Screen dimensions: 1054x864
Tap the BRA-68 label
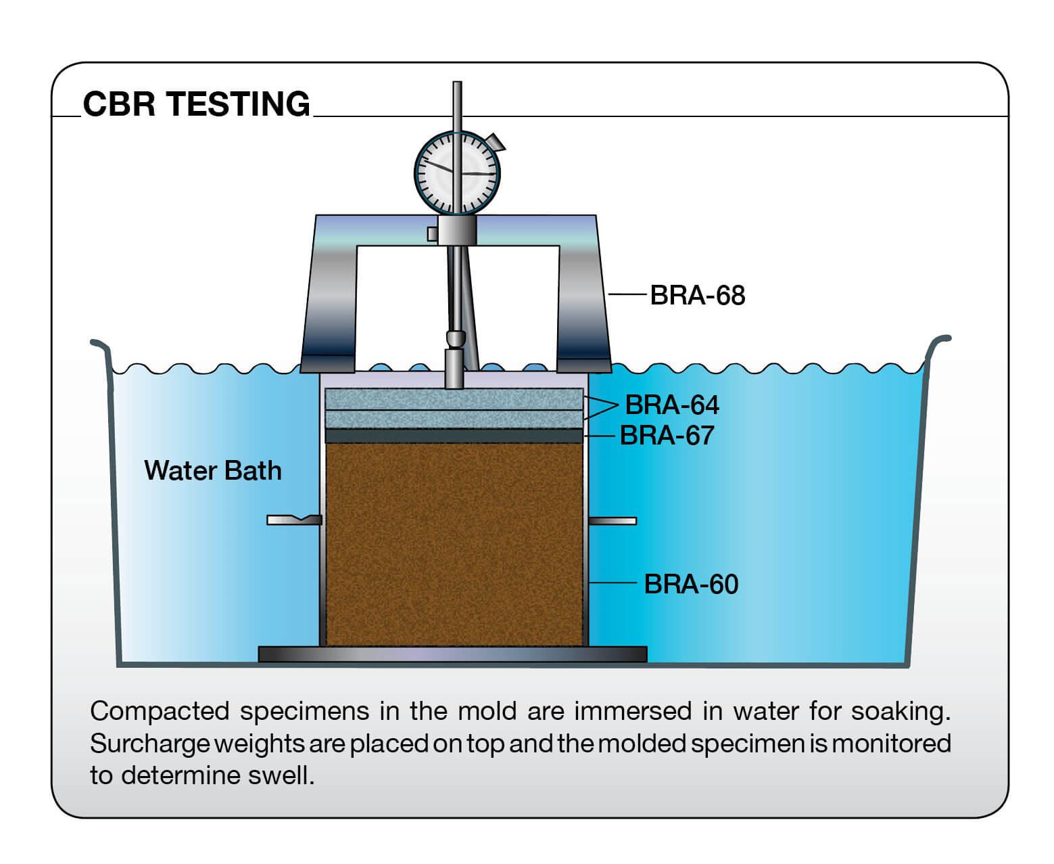coord(698,295)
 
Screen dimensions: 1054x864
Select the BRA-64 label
coord(672,405)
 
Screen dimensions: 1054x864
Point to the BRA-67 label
coord(667,435)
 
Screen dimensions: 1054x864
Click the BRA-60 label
coord(691,584)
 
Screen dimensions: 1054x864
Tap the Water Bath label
coord(213,470)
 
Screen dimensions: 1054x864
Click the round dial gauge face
coord(457,173)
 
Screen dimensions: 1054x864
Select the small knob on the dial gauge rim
coord(496,142)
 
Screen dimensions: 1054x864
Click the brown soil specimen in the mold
coord(454,545)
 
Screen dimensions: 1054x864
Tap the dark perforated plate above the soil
coord(454,436)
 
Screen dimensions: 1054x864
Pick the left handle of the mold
coord(294,520)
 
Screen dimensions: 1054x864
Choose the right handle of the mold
coord(613,521)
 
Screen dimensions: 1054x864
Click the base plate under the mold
coord(453,654)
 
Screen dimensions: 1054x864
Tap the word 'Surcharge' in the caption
coord(150,744)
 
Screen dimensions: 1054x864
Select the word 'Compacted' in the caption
coord(160,712)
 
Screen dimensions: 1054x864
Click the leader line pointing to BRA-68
coord(627,294)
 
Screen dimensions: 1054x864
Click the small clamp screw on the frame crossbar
coord(433,233)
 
